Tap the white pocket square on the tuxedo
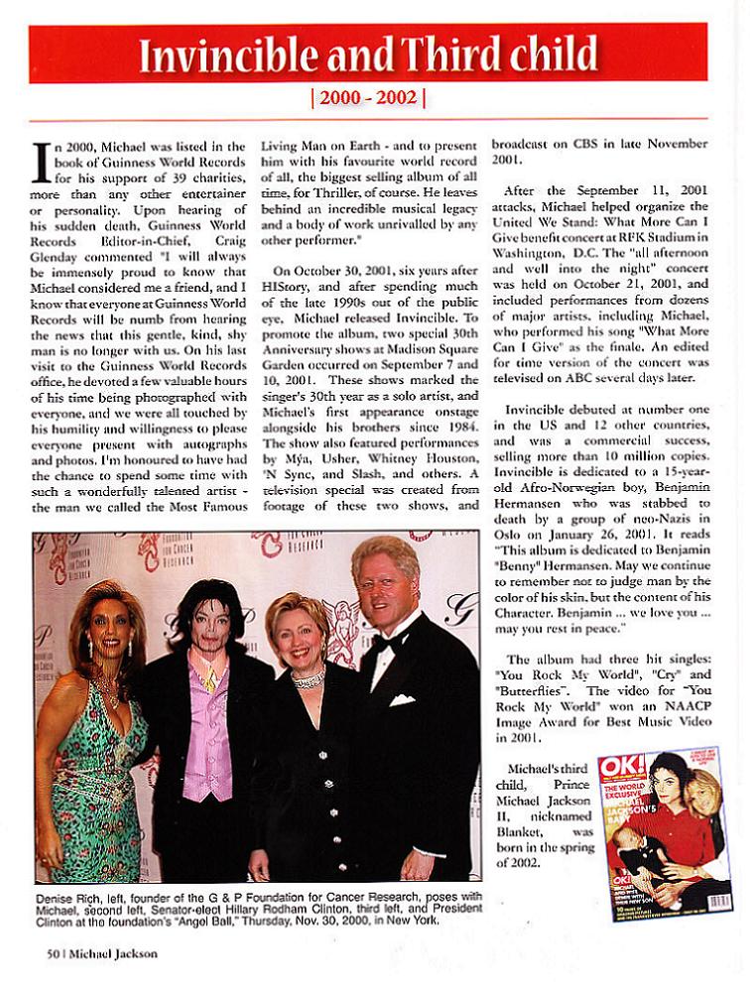coord(401,700)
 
